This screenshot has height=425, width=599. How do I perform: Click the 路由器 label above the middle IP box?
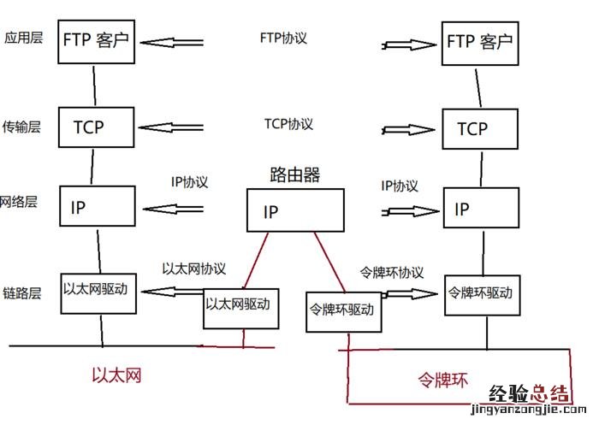(x=294, y=175)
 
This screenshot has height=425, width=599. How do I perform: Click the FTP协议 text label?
(x=283, y=38)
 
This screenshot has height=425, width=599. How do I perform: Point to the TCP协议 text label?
(x=288, y=124)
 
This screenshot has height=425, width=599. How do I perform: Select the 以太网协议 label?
(x=194, y=268)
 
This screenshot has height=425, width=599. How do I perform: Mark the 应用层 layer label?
(x=23, y=38)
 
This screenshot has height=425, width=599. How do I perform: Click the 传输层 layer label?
(x=22, y=127)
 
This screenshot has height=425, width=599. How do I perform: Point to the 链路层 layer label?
(x=22, y=293)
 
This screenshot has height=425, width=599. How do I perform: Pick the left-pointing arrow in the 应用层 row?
(x=172, y=41)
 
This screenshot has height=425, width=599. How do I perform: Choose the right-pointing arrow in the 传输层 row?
(x=409, y=130)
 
